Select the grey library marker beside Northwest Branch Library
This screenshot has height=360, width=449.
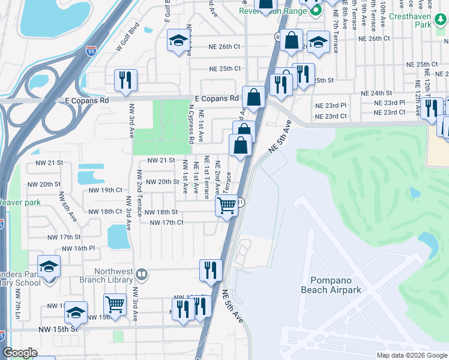click(x=142, y=275)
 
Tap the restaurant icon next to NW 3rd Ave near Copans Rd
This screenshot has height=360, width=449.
click(x=125, y=80)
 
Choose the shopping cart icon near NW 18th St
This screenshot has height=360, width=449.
click(x=226, y=206)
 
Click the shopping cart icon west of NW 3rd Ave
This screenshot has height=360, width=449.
click(x=115, y=304)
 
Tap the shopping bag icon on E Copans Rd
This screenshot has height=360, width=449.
click(x=254, y=97)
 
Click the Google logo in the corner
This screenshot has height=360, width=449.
click(x=20, y=353)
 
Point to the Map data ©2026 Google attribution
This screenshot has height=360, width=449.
click(x=411, y=355)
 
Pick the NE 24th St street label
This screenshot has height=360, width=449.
click(x=376, y=94)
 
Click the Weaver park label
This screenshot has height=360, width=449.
click(x=20, y=202)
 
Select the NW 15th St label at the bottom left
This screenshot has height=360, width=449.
click(x=59, y=329)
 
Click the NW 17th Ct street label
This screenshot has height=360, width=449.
click(x=166, y=223)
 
